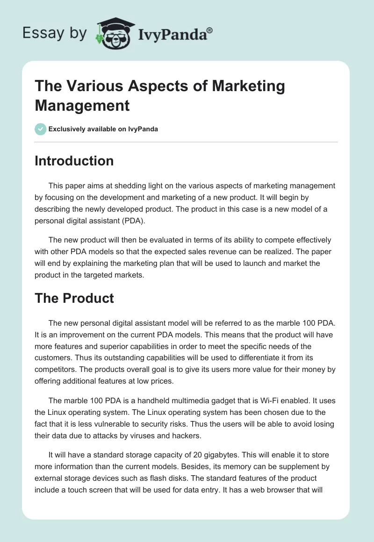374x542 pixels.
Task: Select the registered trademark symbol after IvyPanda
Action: pyautogui.click(x=210, y=29)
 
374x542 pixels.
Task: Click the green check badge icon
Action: pyautogui.click(x=41, y=129)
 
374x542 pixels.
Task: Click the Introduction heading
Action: pyautogui.click(x=74, y=161)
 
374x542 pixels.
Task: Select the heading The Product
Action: pyautogui.click(x=74, y=298)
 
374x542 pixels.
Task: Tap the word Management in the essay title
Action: pyautogui.click(x=82, y=105)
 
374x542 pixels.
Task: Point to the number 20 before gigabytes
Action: pyautogui.click(x=199, y=455)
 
